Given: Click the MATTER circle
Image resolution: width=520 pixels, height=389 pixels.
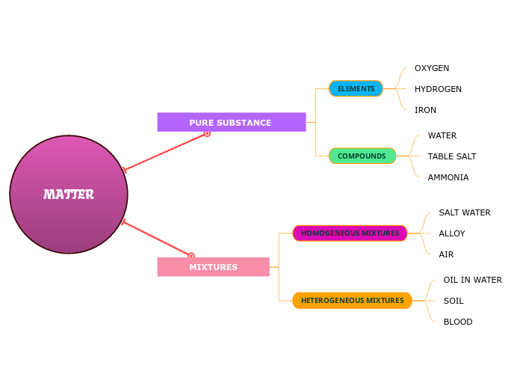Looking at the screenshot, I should pyautogui.click(x=69, y=194).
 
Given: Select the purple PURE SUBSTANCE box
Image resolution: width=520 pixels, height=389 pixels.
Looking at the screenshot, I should pyautogui.click(x=231, y=122).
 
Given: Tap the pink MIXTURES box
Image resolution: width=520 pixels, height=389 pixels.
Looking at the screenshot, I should pyautogui.click(x=213, y=267).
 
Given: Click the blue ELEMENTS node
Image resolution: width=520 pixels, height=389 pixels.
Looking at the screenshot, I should pyautogui.click(x=356, y=89).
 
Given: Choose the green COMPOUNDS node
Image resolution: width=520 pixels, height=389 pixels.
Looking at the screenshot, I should pyautogui.click(x=362, y=156).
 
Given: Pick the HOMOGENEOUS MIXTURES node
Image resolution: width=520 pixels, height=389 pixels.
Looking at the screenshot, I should pyautogui.click(x=350, y=233).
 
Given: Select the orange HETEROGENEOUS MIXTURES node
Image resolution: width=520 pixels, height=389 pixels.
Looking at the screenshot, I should pyautogui.click(x=352, y=301).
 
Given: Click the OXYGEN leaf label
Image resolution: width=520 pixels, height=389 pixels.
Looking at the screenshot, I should pyautogui.click(x=432, y=68).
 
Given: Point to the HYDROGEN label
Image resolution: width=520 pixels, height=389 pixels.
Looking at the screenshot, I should pyautogui.click(x=438, y=89).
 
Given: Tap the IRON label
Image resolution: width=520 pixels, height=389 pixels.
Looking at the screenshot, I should pyautogui.click(x=425, y=110).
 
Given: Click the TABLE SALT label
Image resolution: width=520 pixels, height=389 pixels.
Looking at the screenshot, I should pyautogui.click(x=451, y=156).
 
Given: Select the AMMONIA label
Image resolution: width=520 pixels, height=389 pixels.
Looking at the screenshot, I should pyautogui.click(x=448, y=177).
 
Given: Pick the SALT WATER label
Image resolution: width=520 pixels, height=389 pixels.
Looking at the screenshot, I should pyautogui.click(x=464, y=212).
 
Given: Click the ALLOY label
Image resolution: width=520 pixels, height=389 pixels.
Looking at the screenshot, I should pyautogui.click(x=451, y=233).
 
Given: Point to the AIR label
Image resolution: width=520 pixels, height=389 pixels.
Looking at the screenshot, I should pyautogui.click(x=446, y=254).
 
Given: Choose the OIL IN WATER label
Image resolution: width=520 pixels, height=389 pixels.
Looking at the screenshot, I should pyautogui.click(x=472, y=280).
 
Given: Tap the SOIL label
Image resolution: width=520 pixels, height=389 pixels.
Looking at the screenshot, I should pyautogui.click(x=453, y=301).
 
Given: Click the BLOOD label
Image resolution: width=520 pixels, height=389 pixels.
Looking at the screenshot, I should pyautogui.click(x=457, y=322).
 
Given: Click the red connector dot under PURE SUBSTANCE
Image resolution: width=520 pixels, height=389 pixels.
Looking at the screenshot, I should pyautogui.click(x=207, y=133).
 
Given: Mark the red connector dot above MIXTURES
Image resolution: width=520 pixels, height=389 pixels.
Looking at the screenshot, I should pyautogui.click(x=191, y=256).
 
